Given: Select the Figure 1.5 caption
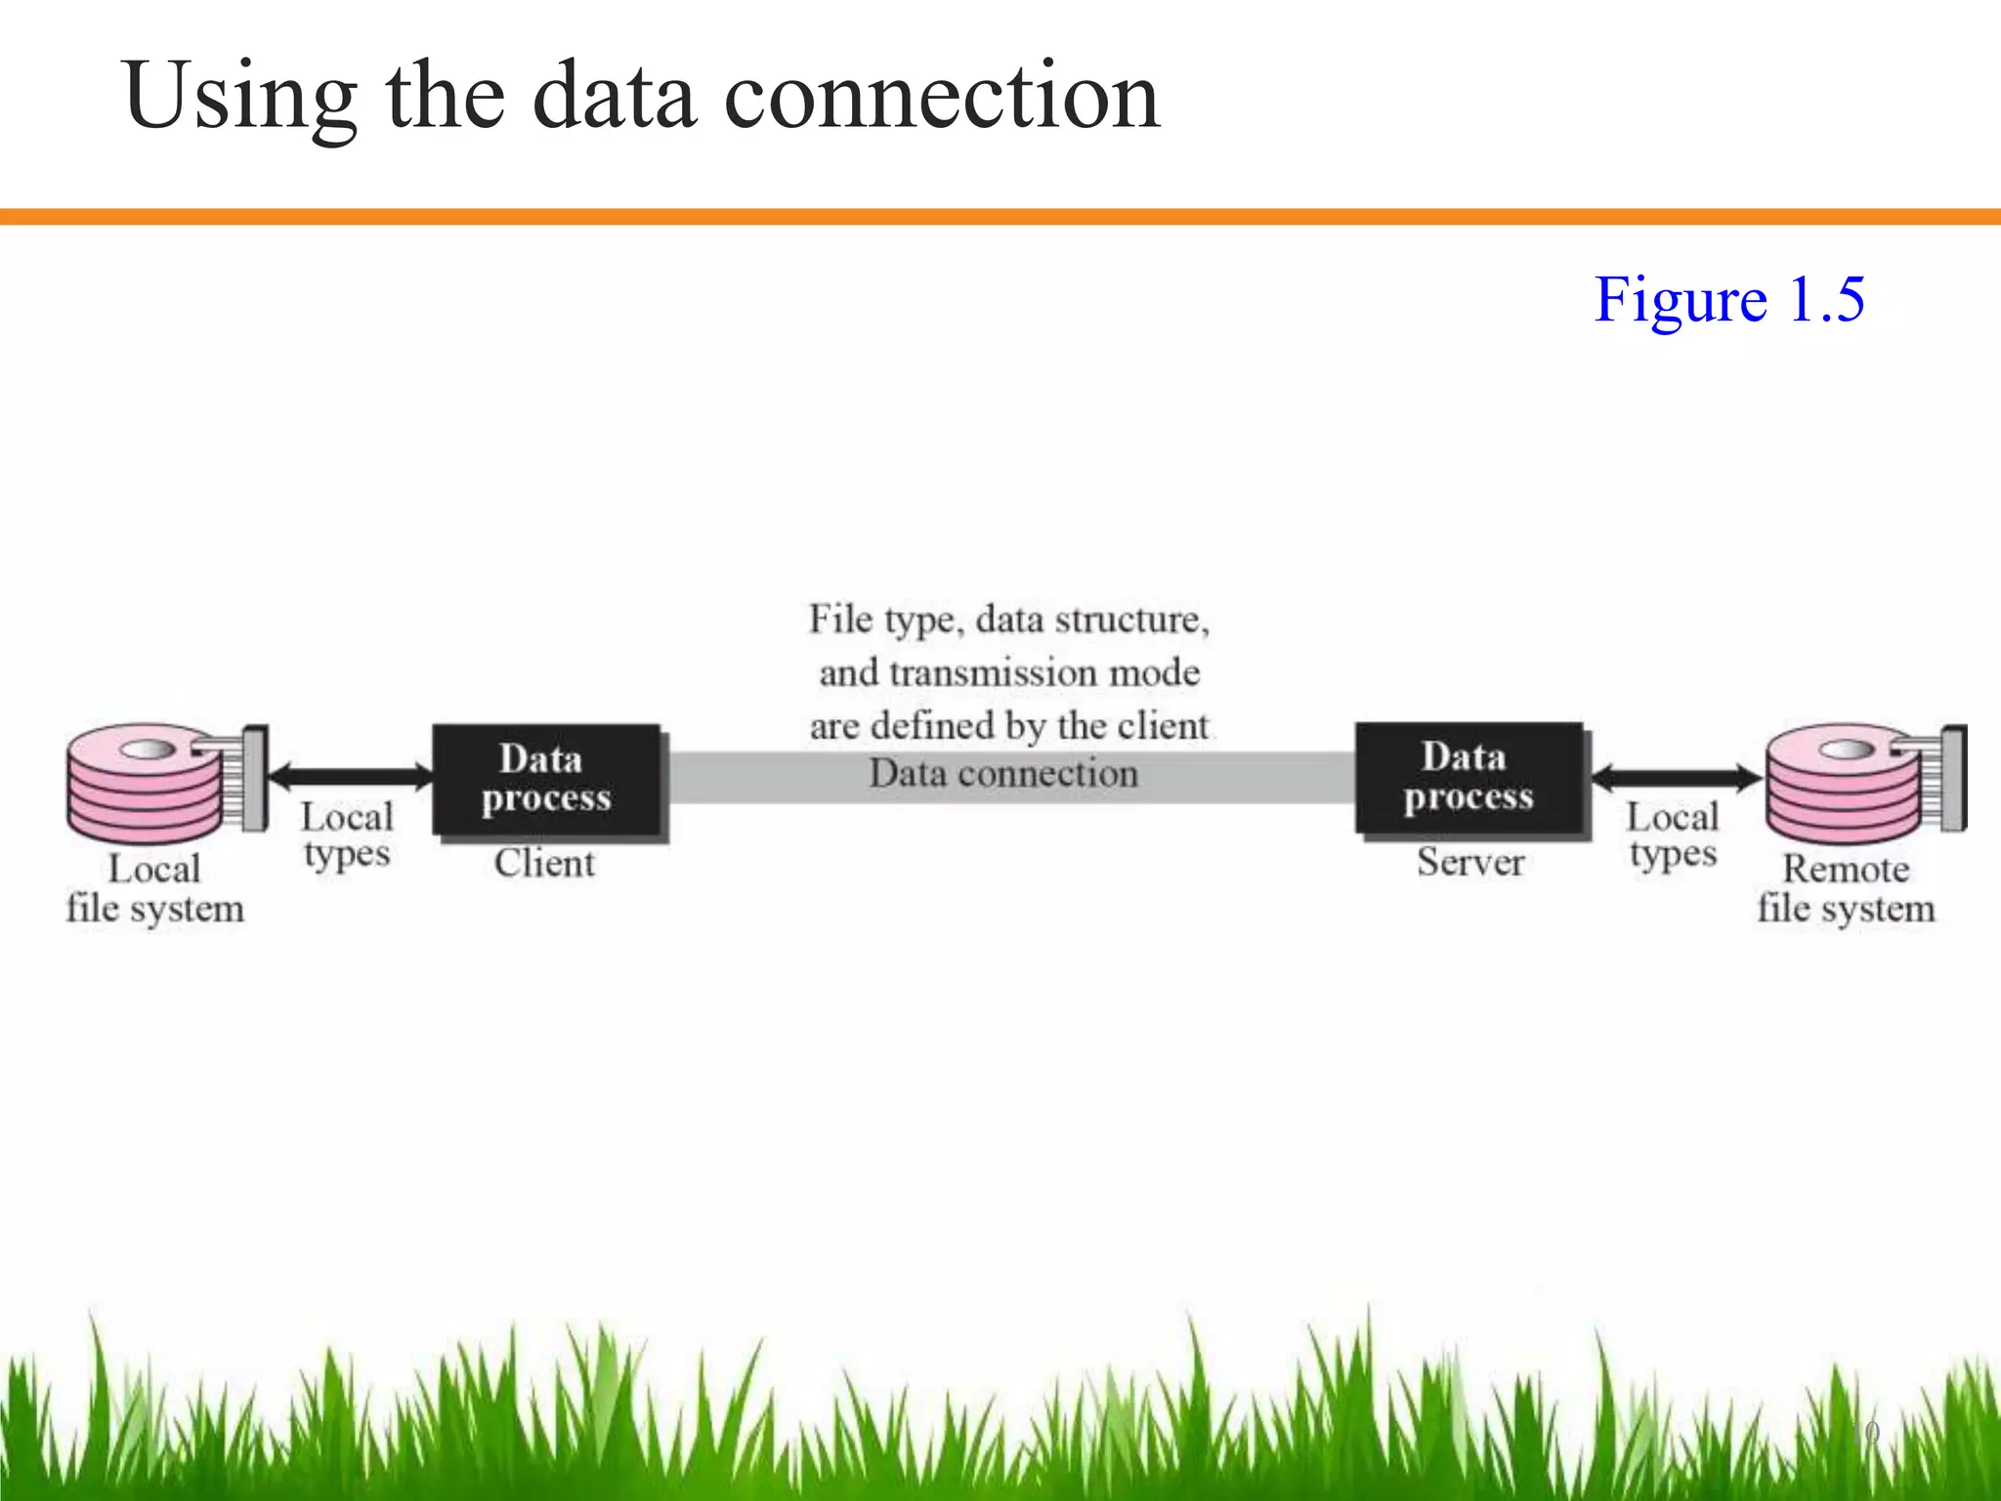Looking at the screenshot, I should (x=1728, y=299).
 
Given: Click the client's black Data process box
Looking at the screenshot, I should (x=546, y=779).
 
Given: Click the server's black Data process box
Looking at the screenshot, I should (x=1469, y=777).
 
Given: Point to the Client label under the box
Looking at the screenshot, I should (x=544, y=863).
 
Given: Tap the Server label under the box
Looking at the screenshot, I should (x=1470, y=862).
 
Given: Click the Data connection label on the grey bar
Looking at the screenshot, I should (x=1003, y=774).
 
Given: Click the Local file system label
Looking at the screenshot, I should (x=154, y=888).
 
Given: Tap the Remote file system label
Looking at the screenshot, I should (x=1846, y=888).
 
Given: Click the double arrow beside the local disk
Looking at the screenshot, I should (x=350, y=777).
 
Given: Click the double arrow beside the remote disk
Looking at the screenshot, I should (x=1677, y=778).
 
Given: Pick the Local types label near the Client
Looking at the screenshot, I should (x=347, y=836).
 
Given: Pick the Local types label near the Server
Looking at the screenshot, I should (x=1673, y=836).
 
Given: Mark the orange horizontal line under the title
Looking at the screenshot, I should (x=1000, y=216).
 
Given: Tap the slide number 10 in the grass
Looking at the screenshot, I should (x=1865, y=1433).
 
